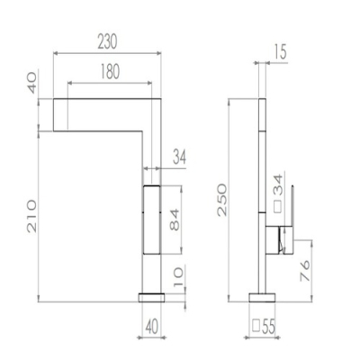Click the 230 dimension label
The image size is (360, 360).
[107, 41]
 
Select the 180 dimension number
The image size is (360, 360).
[110, 71]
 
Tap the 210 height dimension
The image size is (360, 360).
[31, 216]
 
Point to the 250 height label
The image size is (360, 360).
[222, 200]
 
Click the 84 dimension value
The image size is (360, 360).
[175, 220]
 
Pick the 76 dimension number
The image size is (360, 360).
[305, 271]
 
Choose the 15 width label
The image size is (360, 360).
[280, 51]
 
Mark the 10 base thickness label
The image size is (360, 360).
[177, 277]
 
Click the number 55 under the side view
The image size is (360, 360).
[268, 327]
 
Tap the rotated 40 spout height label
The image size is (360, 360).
[31, 83]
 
